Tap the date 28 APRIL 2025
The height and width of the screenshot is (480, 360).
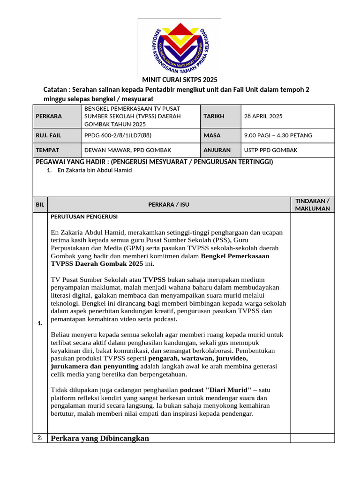(263, 116)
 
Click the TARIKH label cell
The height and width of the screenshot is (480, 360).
(213, 116)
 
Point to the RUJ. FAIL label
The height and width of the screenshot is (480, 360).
(48, 135)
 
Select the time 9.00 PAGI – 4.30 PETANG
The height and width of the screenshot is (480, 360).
(278, 135)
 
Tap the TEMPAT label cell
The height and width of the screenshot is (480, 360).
(47, 150)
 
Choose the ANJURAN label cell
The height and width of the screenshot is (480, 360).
(217, 150)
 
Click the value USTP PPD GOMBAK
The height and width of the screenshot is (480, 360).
(270, 150)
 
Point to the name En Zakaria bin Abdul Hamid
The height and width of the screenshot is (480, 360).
(95, 170)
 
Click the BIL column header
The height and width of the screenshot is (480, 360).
(40, 204)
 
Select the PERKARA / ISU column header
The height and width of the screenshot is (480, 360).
(169, 204)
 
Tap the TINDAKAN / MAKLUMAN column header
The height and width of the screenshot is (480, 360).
(312, 204)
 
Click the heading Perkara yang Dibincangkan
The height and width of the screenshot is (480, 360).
(99, 438)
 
